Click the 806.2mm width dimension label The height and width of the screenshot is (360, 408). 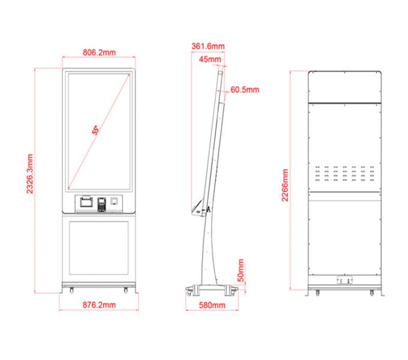point(99,52)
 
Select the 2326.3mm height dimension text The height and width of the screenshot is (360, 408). point(30,174)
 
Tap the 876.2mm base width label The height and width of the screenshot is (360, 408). point(99,305)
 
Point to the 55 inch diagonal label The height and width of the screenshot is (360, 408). point(96,130)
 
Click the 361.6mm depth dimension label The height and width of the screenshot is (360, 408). point(208,46)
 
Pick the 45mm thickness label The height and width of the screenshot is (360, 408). point(210,59)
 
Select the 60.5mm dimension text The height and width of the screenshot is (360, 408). point(245,89)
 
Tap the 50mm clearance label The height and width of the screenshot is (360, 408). point(241,270)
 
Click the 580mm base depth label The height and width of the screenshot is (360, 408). point(212,305)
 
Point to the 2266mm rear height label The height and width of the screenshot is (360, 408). point(285,185)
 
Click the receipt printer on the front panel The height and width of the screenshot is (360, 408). point(86,202)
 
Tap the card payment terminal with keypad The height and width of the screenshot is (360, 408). point(102,204)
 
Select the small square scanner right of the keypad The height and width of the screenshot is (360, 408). point(114,201)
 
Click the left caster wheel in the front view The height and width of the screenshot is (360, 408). point(71,290)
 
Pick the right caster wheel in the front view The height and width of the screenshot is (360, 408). point(126,290)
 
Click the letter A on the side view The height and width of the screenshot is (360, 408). point(208,209)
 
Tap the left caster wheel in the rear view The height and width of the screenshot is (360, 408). point(317,292)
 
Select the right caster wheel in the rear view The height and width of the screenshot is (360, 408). point(372,292)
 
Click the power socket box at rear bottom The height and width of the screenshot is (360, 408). point(345,280)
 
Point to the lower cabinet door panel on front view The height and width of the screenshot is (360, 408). point(99,248)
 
